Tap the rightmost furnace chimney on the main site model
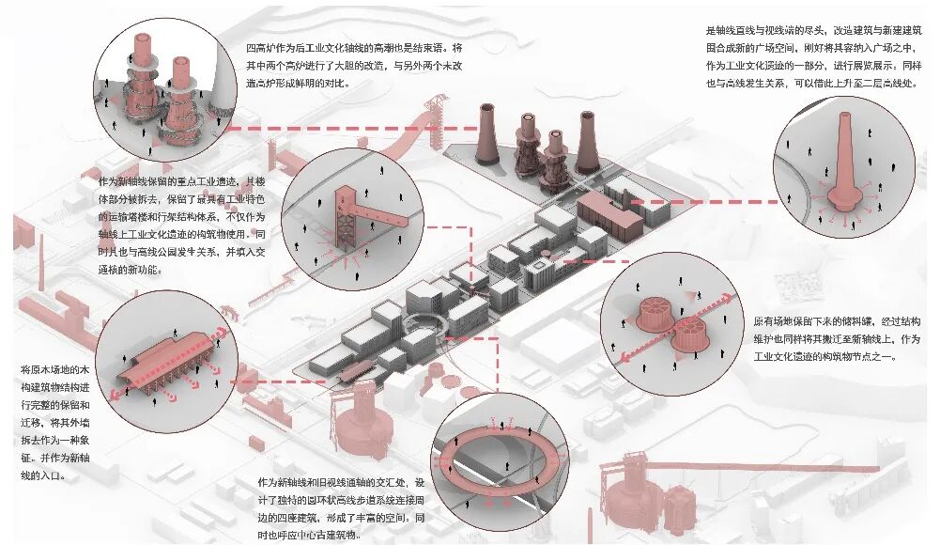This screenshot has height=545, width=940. coord(587,141)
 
